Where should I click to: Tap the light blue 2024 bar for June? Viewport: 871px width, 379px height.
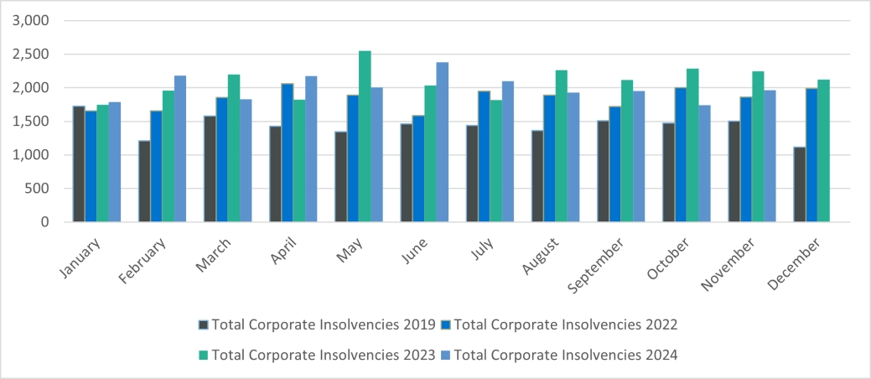[x=443, y=143]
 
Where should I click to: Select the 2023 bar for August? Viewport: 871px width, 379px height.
[x=561, y=146]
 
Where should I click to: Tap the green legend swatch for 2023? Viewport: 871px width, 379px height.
[x=204, y=356]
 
